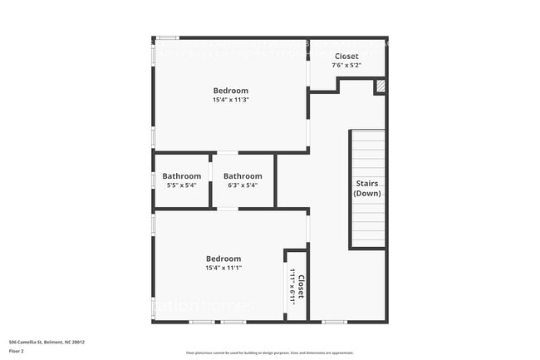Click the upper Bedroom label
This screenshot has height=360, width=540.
point(230,91)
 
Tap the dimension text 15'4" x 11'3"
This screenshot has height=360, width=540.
point(230,100)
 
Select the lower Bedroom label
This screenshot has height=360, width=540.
point(223,259)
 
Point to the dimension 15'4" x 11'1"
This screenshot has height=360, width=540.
point(223,268)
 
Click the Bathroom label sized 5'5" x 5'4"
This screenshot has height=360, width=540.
point(181,176)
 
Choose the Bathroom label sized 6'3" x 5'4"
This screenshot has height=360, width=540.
point(243,176)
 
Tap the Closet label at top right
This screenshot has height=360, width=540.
point(346,56)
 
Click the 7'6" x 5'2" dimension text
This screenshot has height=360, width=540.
point(346,64)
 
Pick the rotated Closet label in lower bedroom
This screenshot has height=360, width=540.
point(302,288)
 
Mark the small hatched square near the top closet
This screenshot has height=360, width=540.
point(380,86)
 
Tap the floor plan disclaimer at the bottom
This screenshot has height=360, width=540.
point(269,353)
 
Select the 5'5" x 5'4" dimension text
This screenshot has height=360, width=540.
point(181,185)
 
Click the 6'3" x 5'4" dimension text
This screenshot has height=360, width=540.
point(243,185)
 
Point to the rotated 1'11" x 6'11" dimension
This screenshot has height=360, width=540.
point(292,288)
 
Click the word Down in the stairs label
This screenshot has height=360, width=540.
point(367,193)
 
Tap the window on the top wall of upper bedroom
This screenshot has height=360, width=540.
point(168,37)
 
